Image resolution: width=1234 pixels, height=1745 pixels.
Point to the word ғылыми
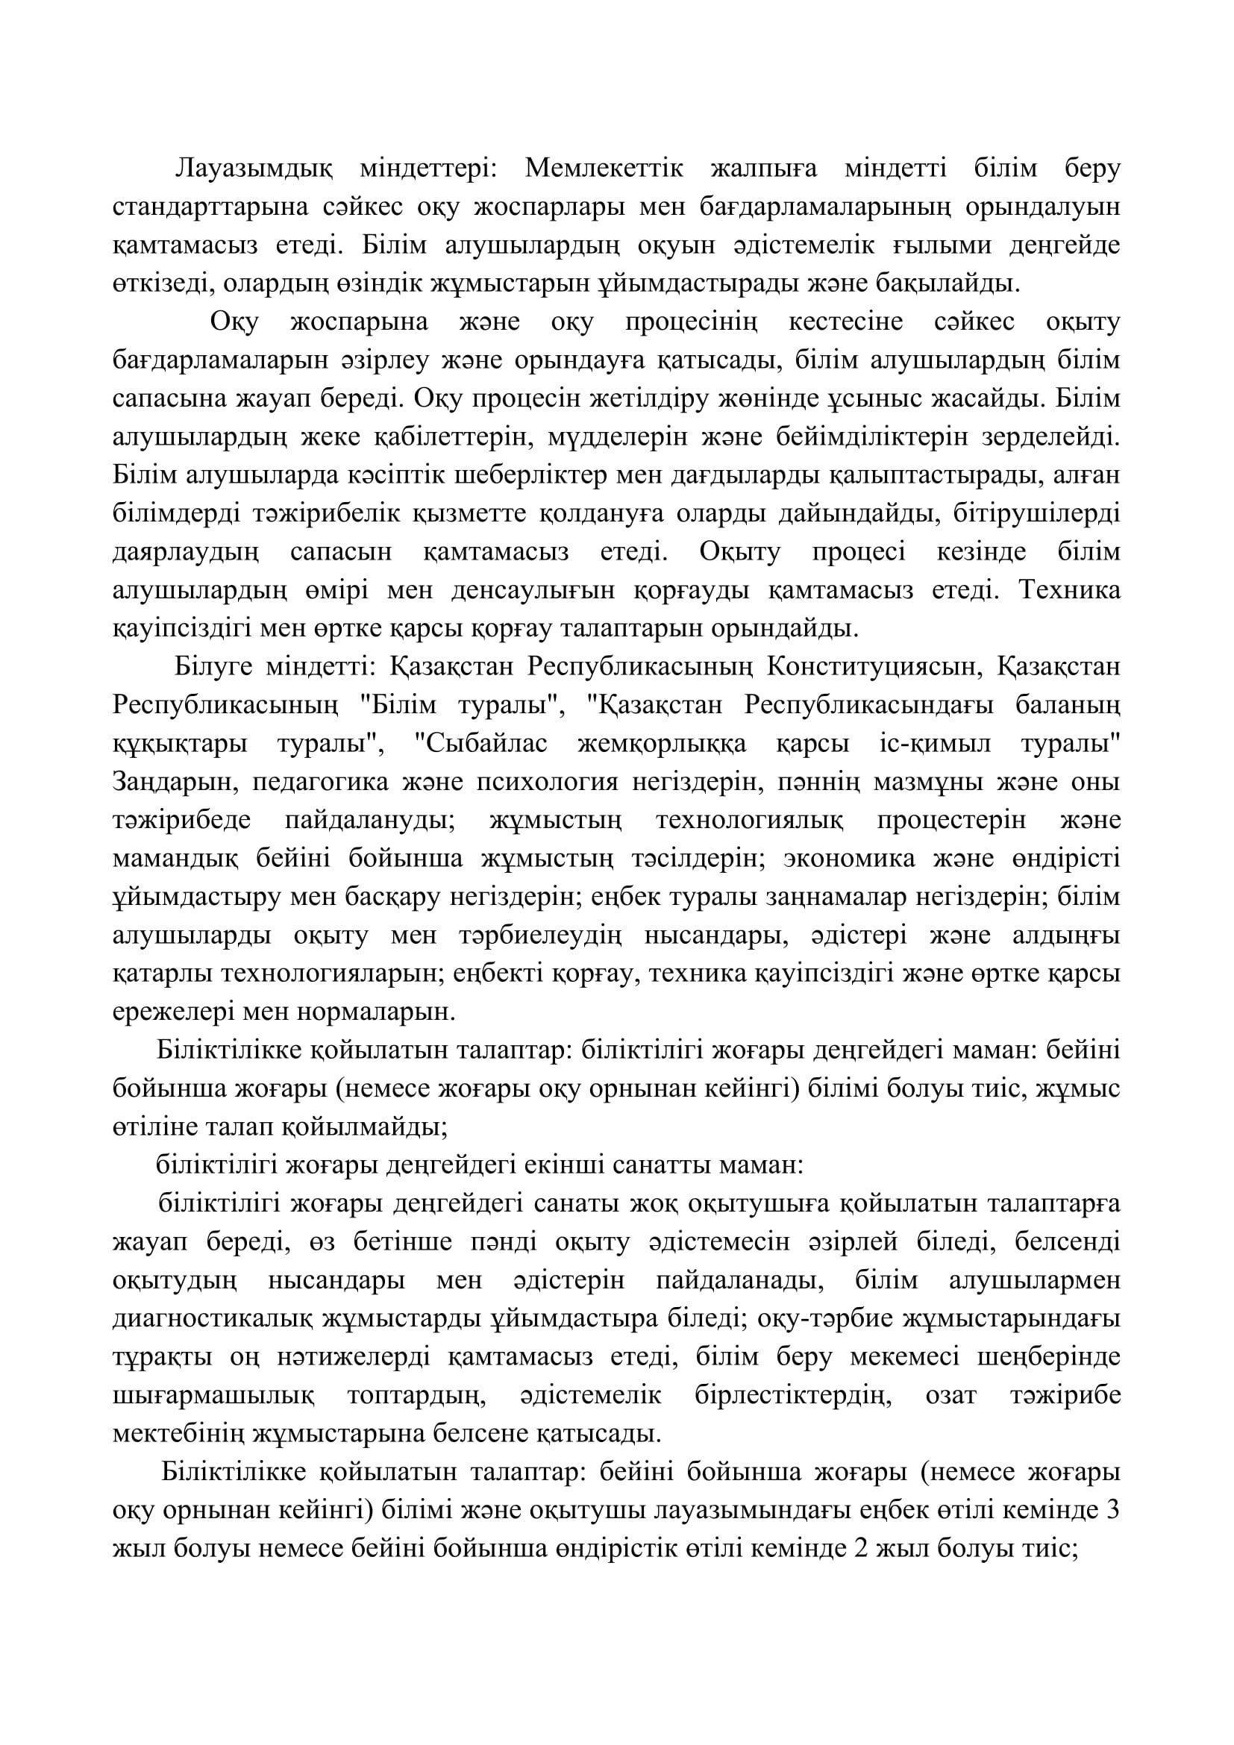pos(938,245)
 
